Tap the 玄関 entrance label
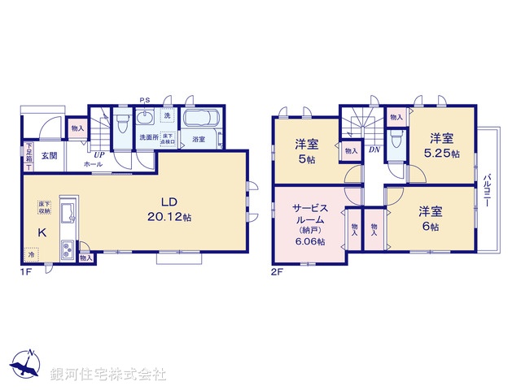coord(49,155)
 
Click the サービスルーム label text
coord(309,214)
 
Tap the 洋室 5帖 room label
coord(307,151)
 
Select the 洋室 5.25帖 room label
coord(443,144)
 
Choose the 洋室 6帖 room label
coord(431,218)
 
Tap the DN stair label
coord(374,149)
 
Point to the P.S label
coord(143,101)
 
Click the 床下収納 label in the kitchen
coord(43,208)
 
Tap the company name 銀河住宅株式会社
coord(107,375)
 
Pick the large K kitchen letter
coord(41,232)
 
